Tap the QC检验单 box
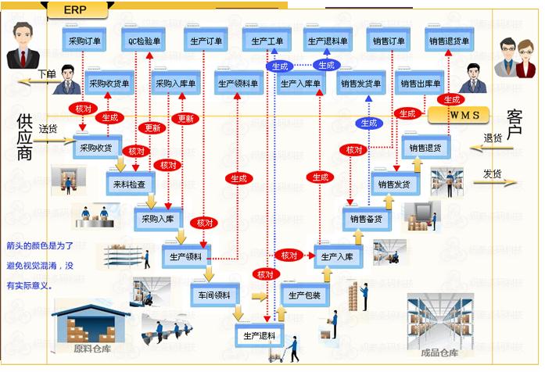144,41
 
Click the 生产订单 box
206,41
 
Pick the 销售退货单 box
449,41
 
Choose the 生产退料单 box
328,41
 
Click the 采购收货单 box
109,83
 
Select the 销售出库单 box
421,83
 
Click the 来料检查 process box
131,183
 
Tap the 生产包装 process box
304,295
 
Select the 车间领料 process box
212,295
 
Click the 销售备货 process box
365,219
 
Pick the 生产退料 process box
258,336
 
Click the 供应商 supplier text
25,136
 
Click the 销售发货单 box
360,83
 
